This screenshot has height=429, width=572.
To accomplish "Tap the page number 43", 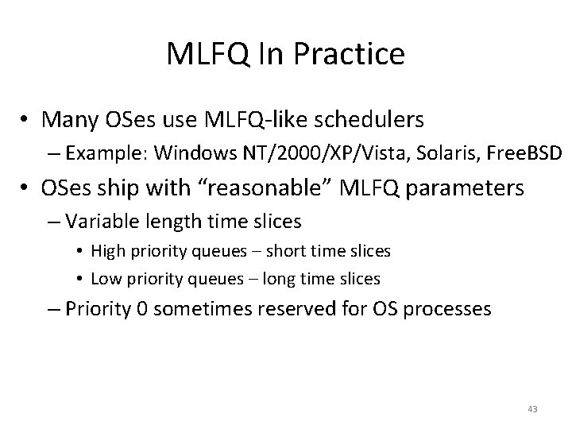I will click(x=532, y=409).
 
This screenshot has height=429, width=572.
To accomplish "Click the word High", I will click(x=107, y=252).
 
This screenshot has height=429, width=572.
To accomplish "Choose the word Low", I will click(x=106, y=279).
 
